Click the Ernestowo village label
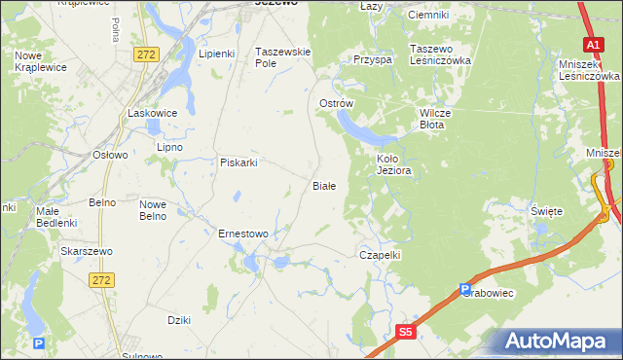243,234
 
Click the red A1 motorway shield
594,45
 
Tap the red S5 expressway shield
406,334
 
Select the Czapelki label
381,254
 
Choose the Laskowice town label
153,113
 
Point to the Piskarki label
238,162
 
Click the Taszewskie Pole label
282,56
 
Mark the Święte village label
547,211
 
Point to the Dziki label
178,319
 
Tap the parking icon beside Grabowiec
466,289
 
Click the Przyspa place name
373,59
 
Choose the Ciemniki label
428,15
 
